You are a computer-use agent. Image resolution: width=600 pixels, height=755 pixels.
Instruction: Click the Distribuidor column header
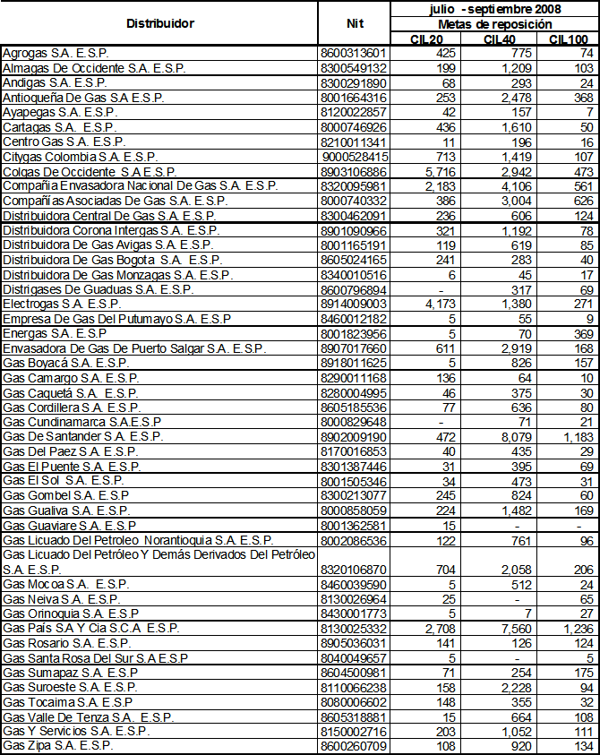(x=160, y=23)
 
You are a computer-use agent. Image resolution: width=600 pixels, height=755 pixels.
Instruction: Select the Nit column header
(x=354, y=23)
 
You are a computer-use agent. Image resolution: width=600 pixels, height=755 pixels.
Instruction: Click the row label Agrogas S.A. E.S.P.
(x=52, y=53)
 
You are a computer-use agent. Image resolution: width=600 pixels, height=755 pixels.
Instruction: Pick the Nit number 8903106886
(x=353, y=170)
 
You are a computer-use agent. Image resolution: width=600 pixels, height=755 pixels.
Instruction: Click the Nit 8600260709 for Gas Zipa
(x=353, y=745)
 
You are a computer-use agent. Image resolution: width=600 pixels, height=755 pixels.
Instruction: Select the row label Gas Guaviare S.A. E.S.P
(x=69, y=525)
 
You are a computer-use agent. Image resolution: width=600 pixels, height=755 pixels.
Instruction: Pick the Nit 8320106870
(x=353, y=569)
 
